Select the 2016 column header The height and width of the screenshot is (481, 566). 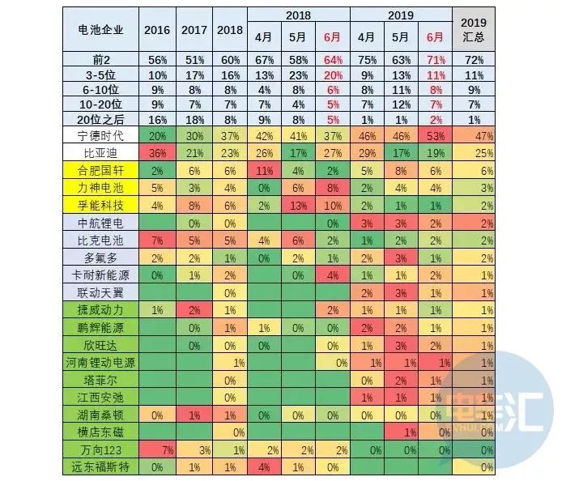158,30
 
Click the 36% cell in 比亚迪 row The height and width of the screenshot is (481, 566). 158,153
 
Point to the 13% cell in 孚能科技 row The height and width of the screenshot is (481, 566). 299,206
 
